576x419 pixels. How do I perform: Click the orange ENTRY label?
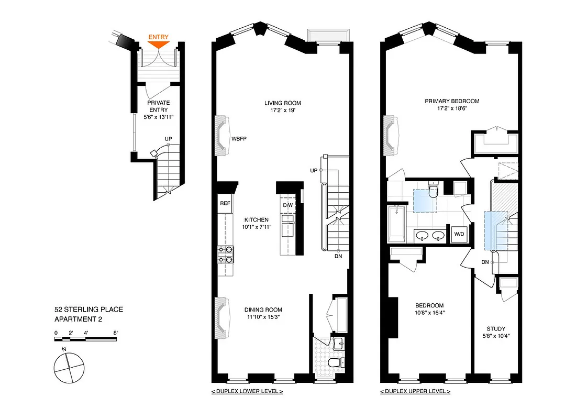pyautogui.click(x=159, y=37)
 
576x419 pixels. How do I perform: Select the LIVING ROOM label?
pyautogui.click(x=282, y=103)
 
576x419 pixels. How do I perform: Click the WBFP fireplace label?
pyautogui.click(x=239, y=139)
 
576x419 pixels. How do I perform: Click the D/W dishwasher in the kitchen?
pyautogui.click(x=287, y=205)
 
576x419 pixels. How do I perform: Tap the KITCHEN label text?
pyautogui.click(x=256, y=220)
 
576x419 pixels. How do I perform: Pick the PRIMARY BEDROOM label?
pyautogui.click(x=452, y=102)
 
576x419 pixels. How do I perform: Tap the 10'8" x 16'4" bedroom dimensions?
pyautogui.click(x=429, y=313)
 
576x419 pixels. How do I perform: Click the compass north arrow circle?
pyautogui.click(x=69, y=367)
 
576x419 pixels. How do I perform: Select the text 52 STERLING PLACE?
pyautogui.click(x=89, y=310)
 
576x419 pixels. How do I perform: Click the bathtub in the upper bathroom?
pyautogui.click(x=397, y=224)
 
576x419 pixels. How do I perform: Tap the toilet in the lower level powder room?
pyautogui.click(x=334, y=363)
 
